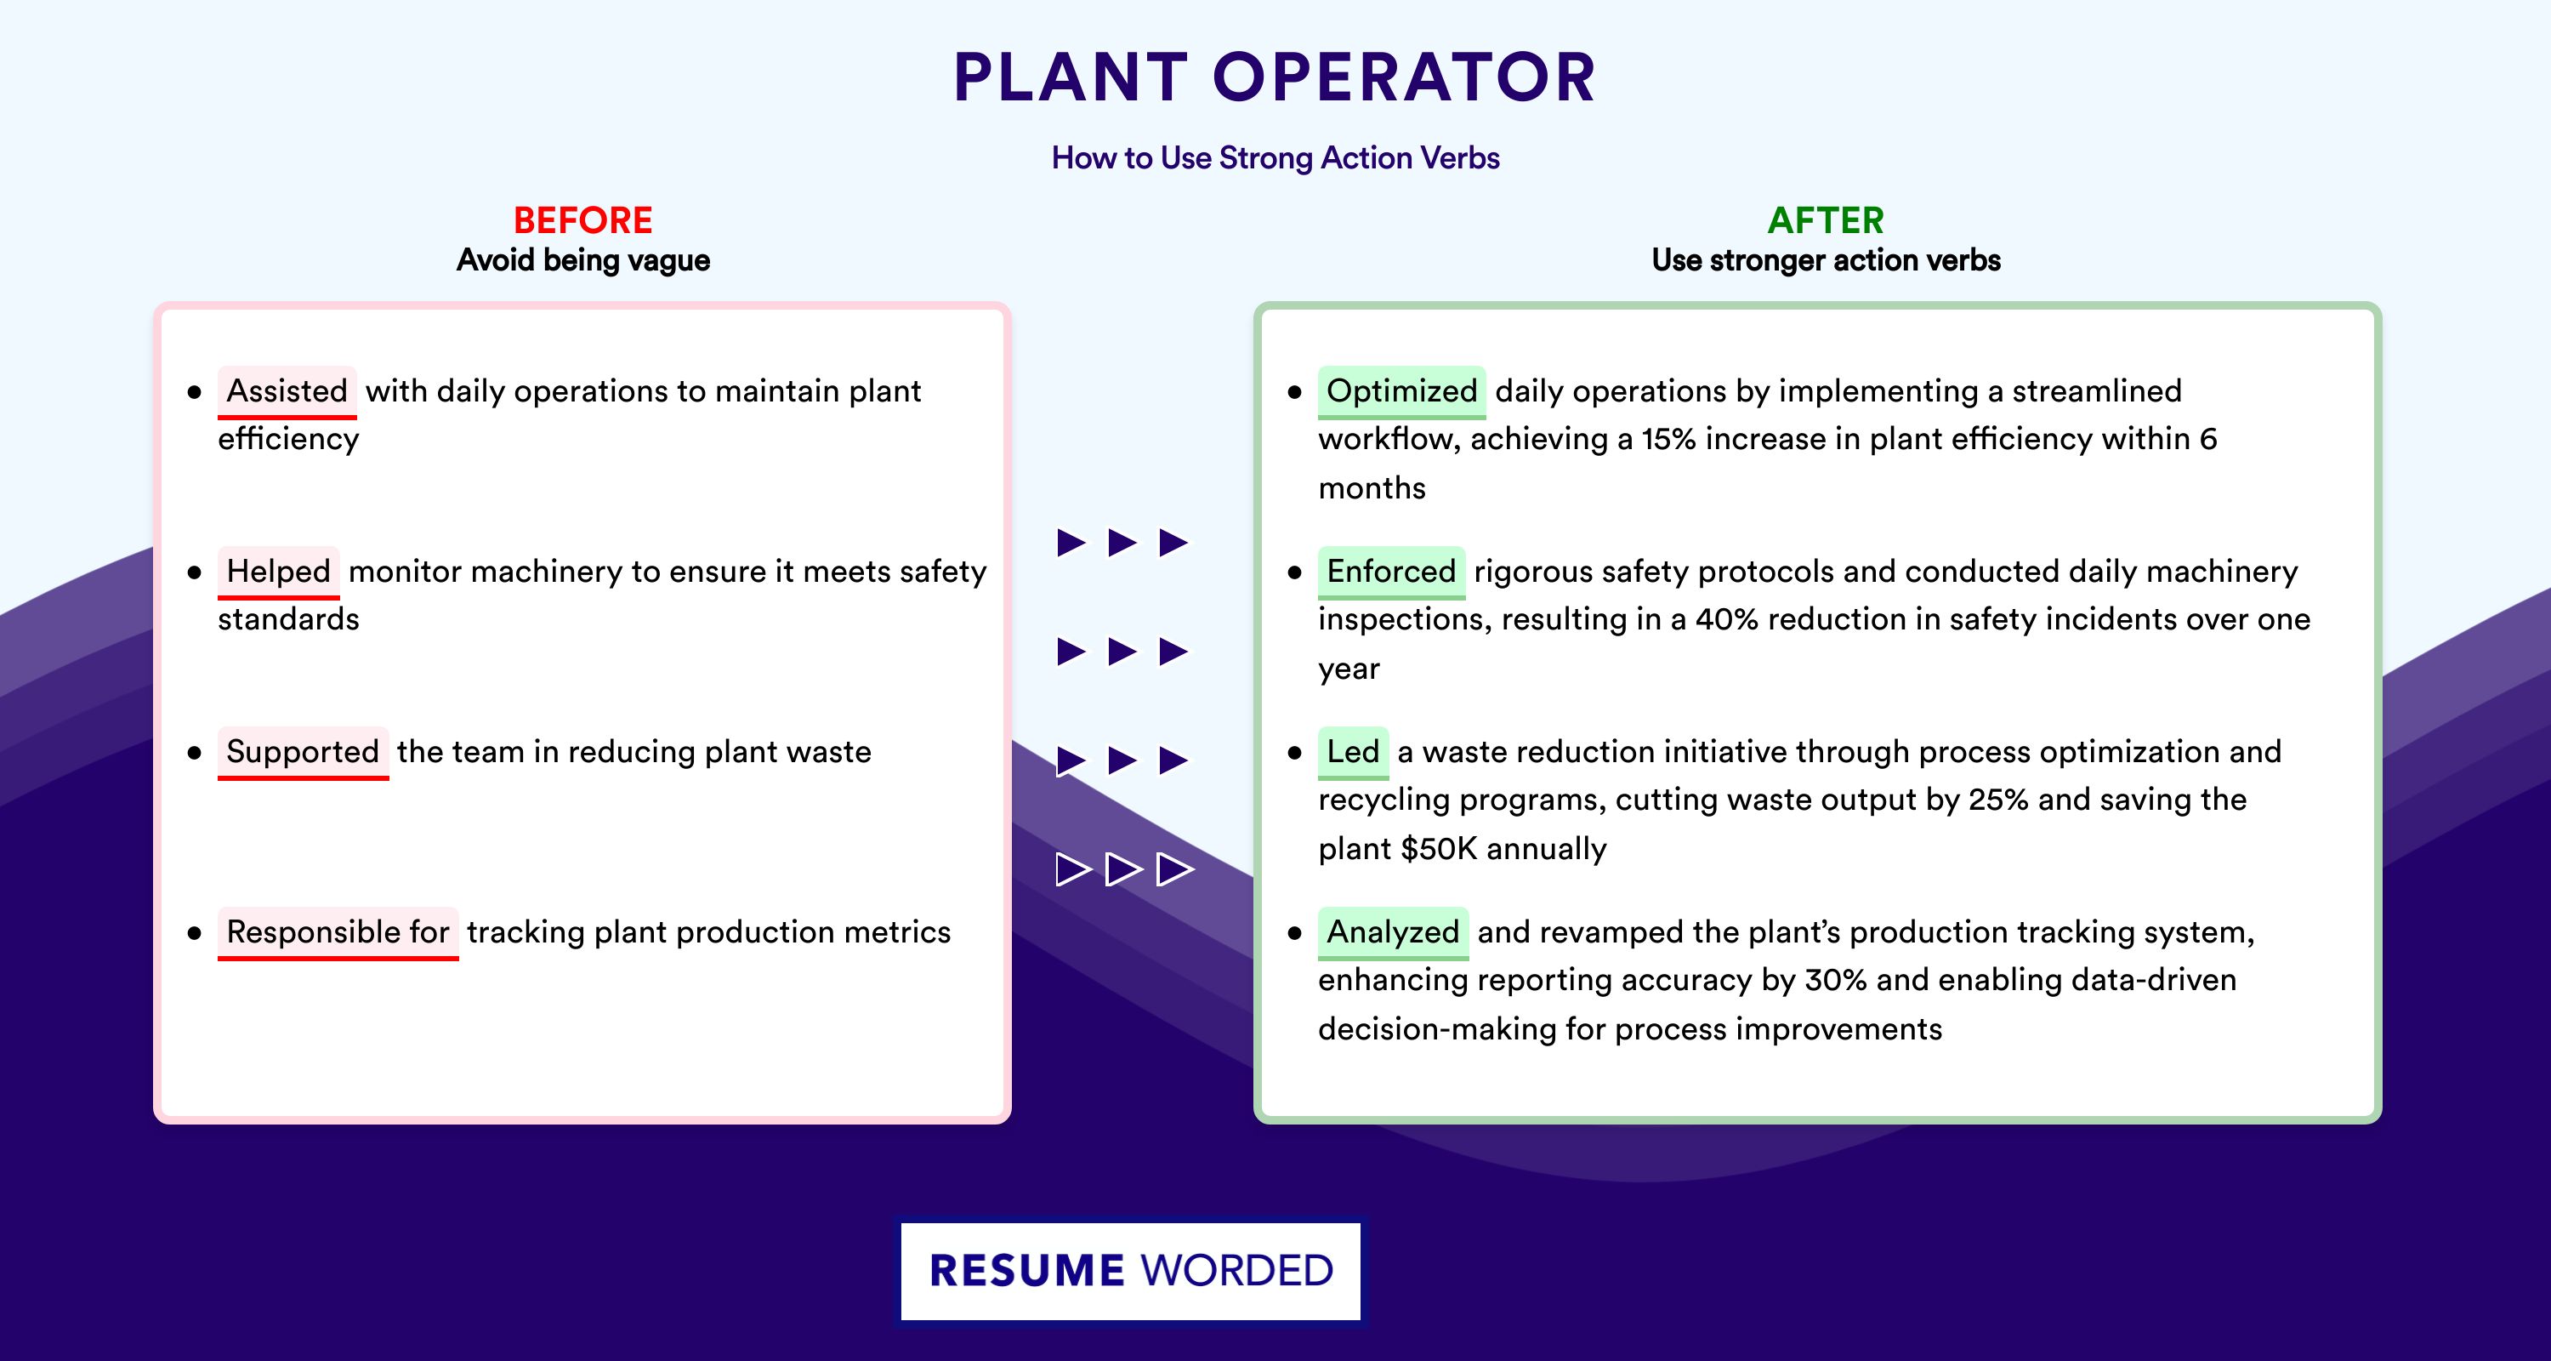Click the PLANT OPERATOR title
(1275, 77)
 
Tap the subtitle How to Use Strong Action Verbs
(1275, 157)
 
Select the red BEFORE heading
(583, 220)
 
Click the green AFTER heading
(1827, 220)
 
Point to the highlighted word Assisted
(287, 391)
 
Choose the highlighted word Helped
(278, 572)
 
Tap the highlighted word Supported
(303, 752)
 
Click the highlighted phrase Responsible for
(338, 932)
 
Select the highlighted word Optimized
(1401, 391)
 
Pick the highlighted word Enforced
(1391, 572)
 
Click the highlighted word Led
(1353, 752)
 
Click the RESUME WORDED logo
(1131, 1271)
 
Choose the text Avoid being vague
(583, 260)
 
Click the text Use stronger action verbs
(1827, 260)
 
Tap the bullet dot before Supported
(194, 754)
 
